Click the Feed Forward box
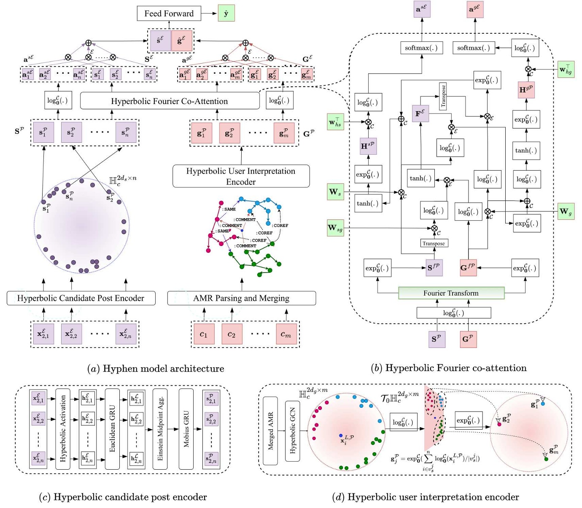coord(169,13)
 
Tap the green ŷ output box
coord(226,13)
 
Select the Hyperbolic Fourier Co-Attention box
coord(170,101)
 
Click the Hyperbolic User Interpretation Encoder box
coord(241,176)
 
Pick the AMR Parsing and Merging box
coord(241,298)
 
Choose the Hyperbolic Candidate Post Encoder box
coord(81,298)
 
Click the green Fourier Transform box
coord(451,293)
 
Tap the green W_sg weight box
coord(335,228)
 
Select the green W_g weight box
coord(566,211)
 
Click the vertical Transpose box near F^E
coord(443,96)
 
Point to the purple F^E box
coord(420,114)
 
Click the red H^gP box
coord(526,90)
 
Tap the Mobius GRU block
coord(186,428)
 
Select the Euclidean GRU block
coord(112,428)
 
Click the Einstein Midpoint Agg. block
coord(160,428)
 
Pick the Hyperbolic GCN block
coord(292,430)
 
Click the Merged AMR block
coord(270,430)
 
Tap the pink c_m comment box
coord(286,334)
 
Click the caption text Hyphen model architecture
coord(156,369)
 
